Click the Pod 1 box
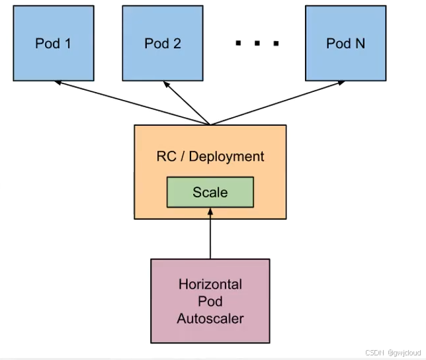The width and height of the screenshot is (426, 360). (x=53, y=44)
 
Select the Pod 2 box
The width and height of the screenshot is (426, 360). (x=163, y=44)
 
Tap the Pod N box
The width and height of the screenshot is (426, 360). (x=345, y=44)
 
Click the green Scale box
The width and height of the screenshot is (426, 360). (x=210, y=193)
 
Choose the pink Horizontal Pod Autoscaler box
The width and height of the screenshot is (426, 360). (x=210, y=301)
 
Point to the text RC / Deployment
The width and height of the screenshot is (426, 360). (x=210, y=157)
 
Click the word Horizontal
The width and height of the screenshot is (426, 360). (x=210, y=285)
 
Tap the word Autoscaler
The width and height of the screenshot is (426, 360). (x=210, y=318)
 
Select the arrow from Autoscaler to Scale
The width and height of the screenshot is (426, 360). (x=210, y=235)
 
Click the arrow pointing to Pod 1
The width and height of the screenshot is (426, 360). (x=132, y=103)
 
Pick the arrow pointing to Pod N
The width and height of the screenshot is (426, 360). (x=278, y=103)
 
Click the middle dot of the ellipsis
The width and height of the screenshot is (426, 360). (x=257, y=44)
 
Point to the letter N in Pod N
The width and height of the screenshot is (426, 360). (x=359, y=44)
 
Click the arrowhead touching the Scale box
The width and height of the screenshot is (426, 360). (x=210, y=212)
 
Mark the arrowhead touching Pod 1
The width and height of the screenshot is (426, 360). (x=58, y=83)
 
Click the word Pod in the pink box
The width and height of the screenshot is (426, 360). (x=210, y=301)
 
